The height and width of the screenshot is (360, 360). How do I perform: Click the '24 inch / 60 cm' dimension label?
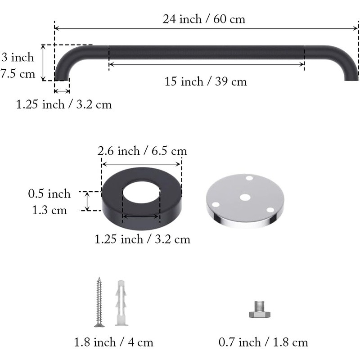click(x=204, y=19)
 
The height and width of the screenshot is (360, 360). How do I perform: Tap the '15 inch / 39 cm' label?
click(x=206, y=81)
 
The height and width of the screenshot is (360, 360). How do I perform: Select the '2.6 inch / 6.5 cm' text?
click(x=142, y=151)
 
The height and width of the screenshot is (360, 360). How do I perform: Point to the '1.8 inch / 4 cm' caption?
click(x=113, y=342)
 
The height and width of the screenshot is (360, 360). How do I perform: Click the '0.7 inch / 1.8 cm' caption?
click(x=263, y=342)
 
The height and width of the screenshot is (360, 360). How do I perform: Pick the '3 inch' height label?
click(x=18, y=57)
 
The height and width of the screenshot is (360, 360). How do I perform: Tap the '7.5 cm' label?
click(x=18, y=74)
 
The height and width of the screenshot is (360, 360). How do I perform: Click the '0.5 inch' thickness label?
click(x=49, y=193)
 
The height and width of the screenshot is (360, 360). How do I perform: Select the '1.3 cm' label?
click(x=49, y=210)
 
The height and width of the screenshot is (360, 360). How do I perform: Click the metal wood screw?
click(x=99, y=302)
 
